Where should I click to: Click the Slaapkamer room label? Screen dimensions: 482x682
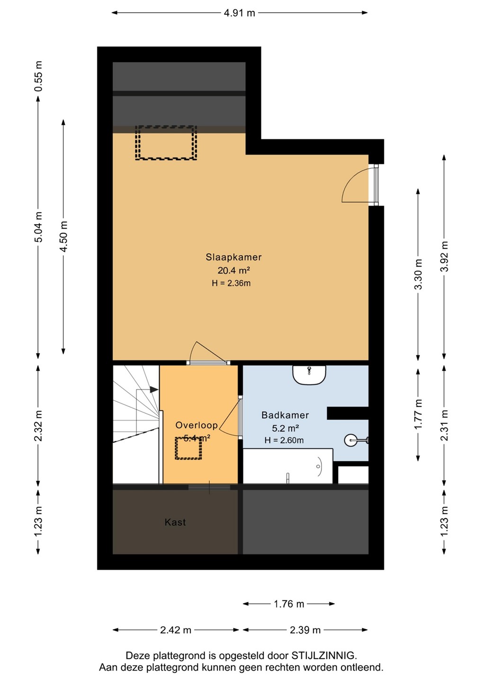click(233, 257)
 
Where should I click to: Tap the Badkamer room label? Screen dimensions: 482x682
click(285, 415)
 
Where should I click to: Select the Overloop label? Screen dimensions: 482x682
click(196, 425)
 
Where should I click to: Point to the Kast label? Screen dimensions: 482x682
click(175, 522)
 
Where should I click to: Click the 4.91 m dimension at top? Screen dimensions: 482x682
click(240, 13)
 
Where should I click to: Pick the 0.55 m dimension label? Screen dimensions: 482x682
click(39, 76)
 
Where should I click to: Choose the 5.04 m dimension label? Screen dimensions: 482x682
click(39, 227)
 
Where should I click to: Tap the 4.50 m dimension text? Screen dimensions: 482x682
click(63, 237)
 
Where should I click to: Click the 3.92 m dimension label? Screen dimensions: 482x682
click(445, 256)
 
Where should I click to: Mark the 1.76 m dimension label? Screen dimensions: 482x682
click(289, 604)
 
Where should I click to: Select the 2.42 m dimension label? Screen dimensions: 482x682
click(176, 630)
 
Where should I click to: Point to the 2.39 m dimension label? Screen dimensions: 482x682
click(305, 630)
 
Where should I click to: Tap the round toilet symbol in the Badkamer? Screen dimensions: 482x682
click(350, 440)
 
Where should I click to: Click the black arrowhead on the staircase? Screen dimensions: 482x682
click(154, 390)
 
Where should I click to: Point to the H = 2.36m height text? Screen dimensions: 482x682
click(231, 283)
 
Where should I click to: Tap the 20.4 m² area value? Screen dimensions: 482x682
click(234, 270)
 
